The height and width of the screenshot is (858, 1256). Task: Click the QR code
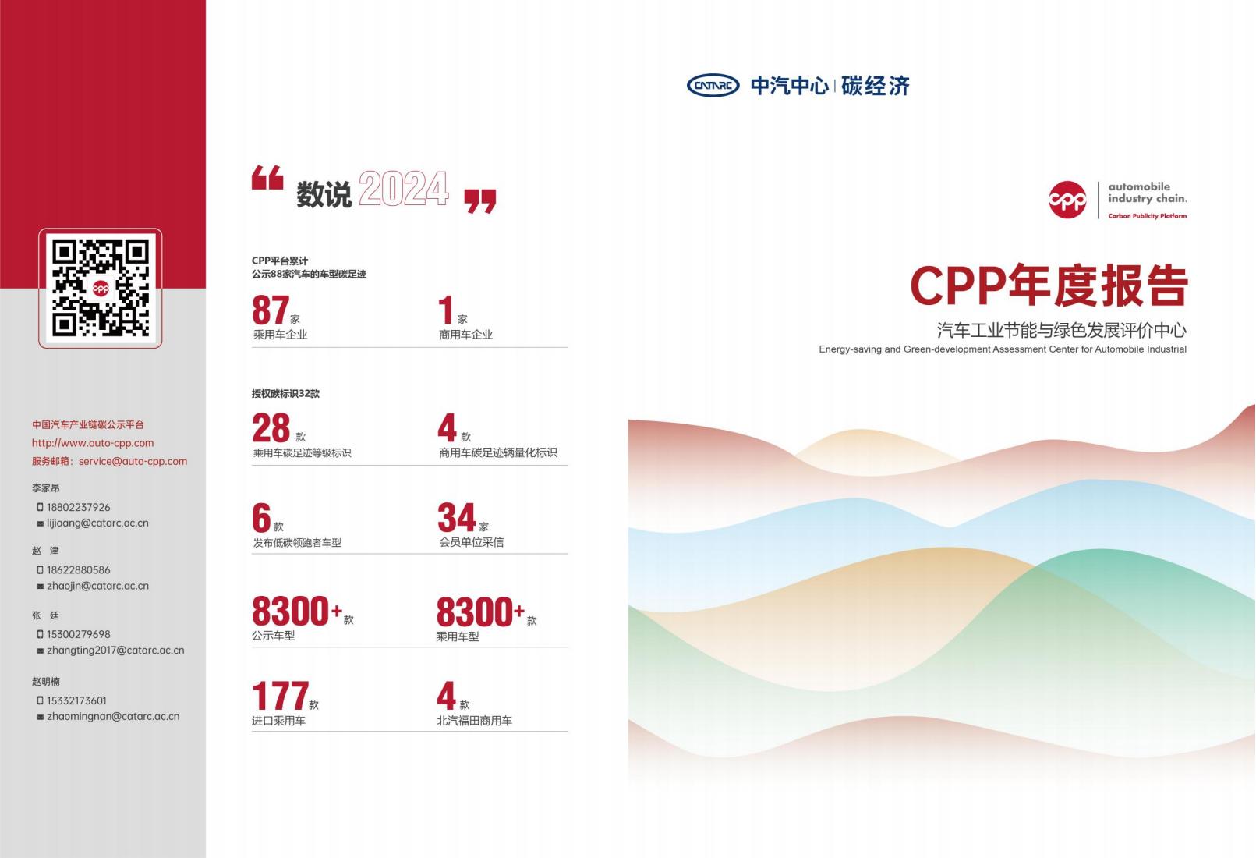pos(101,289)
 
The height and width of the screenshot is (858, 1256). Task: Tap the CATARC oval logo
pos(713,85)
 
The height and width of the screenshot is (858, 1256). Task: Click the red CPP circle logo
pos(1067,199)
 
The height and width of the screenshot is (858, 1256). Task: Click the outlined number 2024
pos(404,188)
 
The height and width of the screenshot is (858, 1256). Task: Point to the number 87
pos(271,310)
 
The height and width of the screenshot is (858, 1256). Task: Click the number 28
pos(271,427)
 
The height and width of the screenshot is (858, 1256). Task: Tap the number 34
pos(456,517)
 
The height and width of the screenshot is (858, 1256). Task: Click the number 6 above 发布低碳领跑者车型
pos(261,517)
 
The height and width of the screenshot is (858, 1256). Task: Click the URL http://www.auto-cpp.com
pos(93,443)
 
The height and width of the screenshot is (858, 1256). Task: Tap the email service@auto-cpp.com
pos(133,461)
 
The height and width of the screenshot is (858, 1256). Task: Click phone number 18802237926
pos(79,507)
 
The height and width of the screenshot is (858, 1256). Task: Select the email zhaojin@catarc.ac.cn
pos(97,586)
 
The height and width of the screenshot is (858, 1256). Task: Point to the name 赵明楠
pos(45,681)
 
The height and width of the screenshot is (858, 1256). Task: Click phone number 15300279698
pos(79,634)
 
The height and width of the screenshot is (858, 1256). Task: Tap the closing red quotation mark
pos(480,201)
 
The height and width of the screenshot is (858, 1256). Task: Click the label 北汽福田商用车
pos(474,721)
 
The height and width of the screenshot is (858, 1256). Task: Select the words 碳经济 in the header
pos(876,86)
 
